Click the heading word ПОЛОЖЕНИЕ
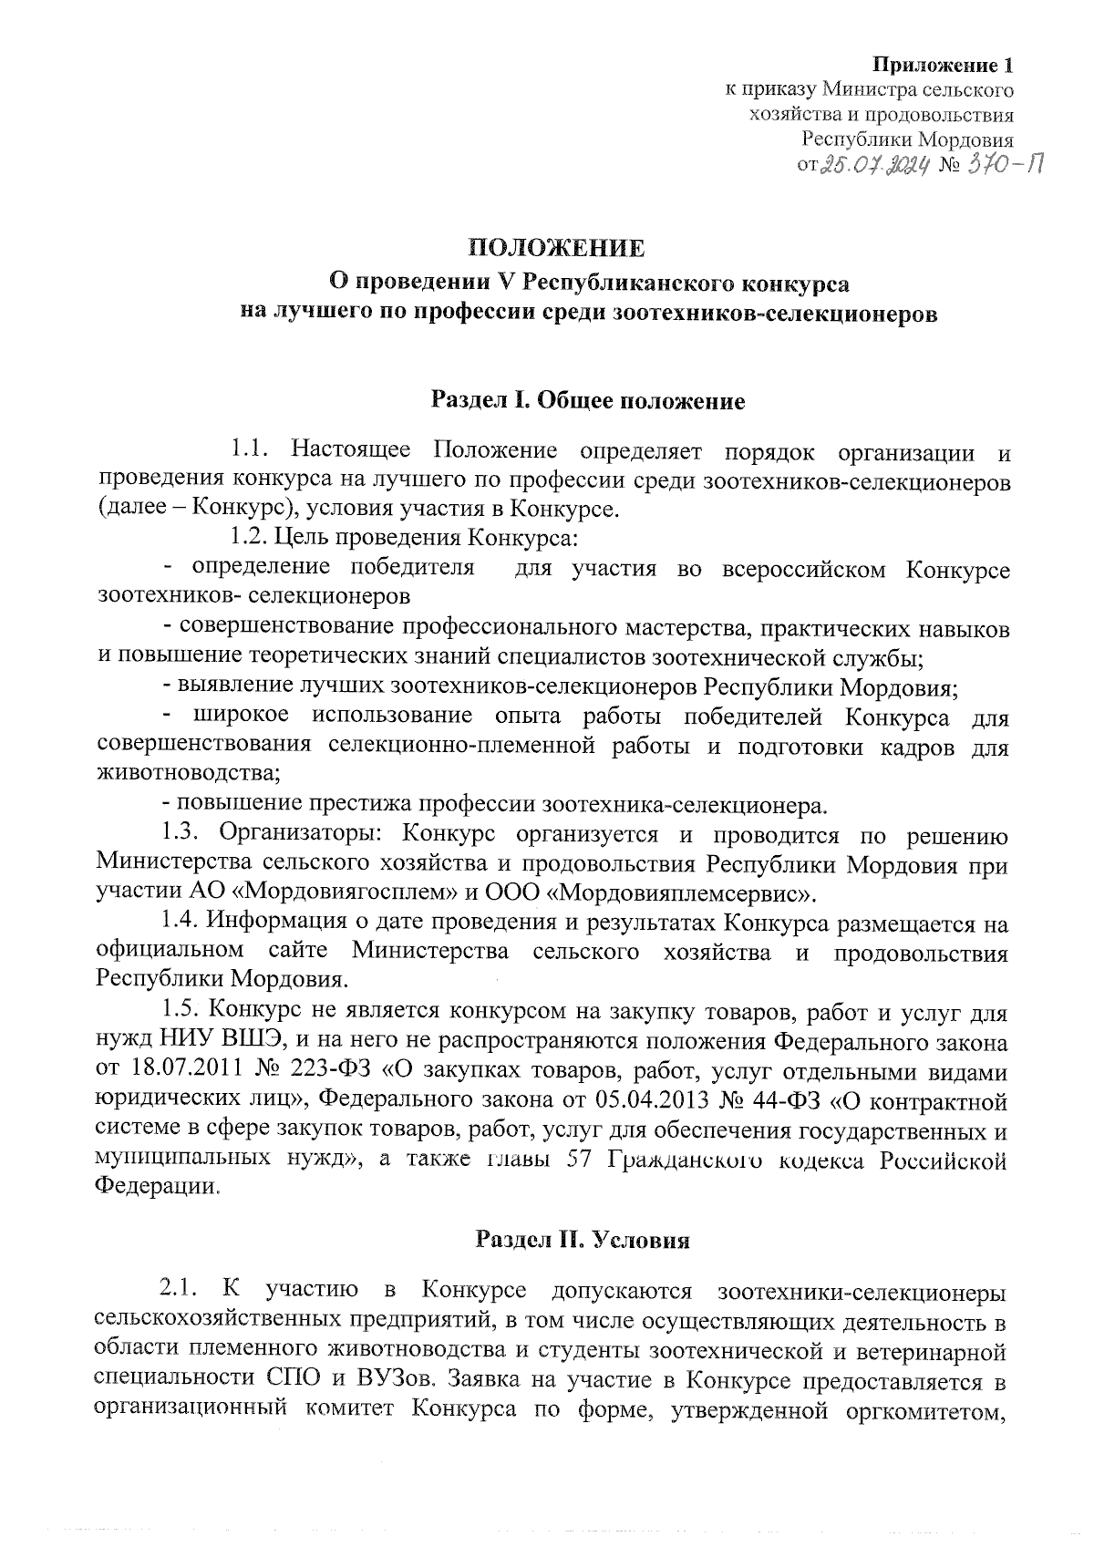click(x=556, y=249)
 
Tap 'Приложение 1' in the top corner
click(x=944, y=66)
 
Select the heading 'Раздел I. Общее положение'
click(x=588, y=401)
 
